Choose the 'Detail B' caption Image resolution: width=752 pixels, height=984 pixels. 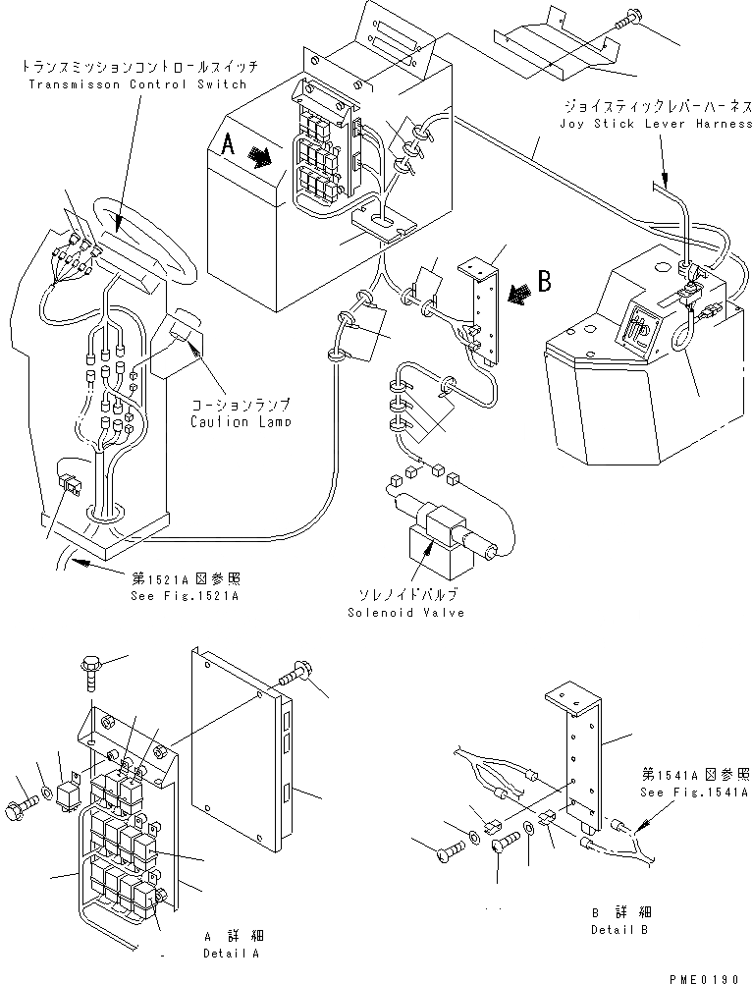click(x=619, y=929)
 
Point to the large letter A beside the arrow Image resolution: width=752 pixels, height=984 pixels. click(x=228, y=145)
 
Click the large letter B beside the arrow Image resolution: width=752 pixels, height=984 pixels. click(x=543, y=282)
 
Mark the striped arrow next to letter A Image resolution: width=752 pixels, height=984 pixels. click(x=261, y=157)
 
